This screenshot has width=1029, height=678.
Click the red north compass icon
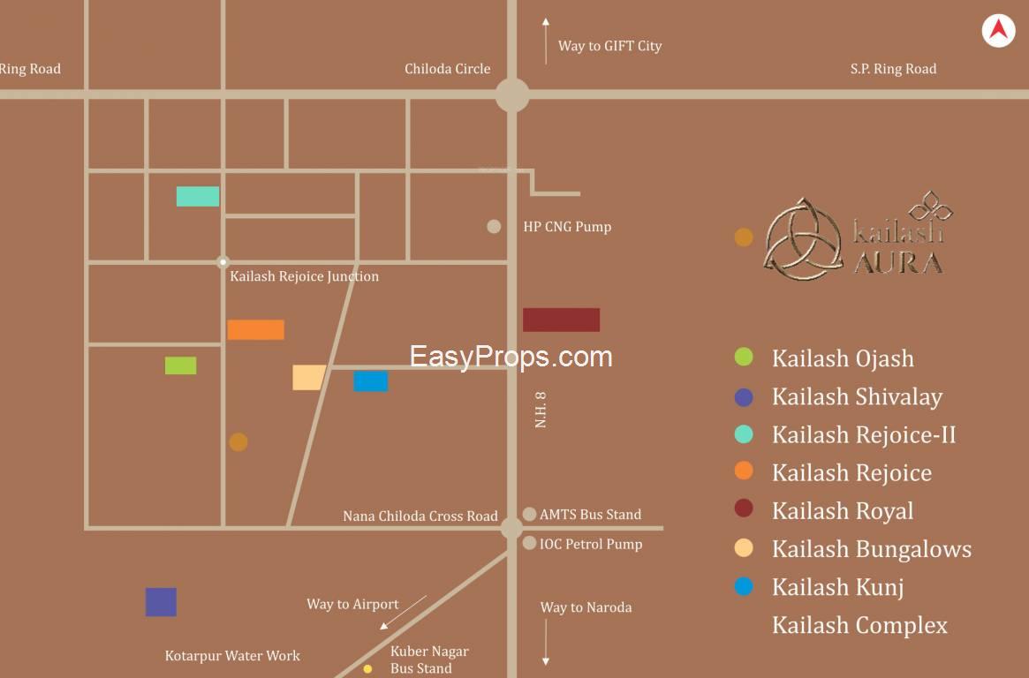pos(998,31)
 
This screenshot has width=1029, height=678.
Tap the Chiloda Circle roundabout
pos(512,94)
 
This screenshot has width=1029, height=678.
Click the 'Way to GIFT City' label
pos(609,46)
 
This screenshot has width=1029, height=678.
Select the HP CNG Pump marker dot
pos(494,227)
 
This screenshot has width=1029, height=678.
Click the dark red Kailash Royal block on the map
pos(561,320)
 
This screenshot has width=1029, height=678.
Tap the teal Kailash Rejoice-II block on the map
pos(198,196)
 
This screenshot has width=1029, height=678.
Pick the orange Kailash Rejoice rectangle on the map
pos(255,329)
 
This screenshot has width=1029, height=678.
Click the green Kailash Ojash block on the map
pos(180,365)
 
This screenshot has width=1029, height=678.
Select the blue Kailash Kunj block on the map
pos(370,381)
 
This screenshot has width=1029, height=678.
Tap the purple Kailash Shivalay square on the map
pos(161,602)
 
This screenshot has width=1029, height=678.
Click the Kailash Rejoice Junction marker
pos(223,262)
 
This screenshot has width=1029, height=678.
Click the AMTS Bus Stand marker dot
pos(529,514)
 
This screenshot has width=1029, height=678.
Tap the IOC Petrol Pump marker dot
pos(529,543)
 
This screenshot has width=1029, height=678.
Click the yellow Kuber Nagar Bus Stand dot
pos(367,669)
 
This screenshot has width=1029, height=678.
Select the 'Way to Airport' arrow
pos(402,613)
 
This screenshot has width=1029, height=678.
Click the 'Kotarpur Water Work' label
pos(232,656)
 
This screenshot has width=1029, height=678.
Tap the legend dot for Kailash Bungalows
pos(744,548)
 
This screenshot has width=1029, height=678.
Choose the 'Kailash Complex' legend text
pos(859,625)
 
